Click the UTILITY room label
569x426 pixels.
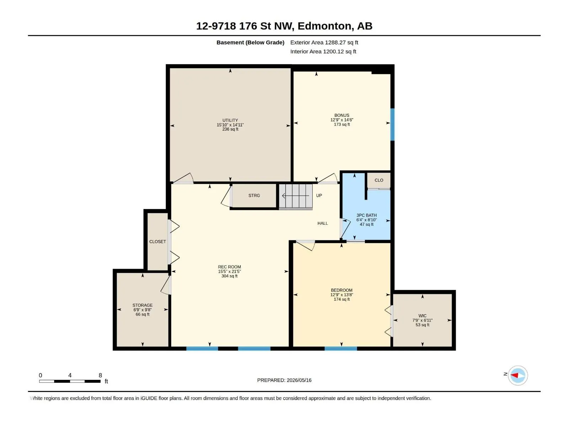tap(230, 120)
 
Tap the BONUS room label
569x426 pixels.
tap(342, 115)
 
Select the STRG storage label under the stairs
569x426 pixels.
tap(254, 196)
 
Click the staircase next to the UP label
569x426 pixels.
tap(296, 196)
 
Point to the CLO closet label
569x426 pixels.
tap(379, 180)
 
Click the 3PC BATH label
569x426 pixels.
tap(366, 215)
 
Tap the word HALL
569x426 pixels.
tap(323, 223)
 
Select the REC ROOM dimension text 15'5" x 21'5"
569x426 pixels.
tap(229, 271)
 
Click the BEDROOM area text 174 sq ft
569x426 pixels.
tap(342, 299)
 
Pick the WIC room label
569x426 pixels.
tap(422, 316)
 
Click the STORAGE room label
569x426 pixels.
tap(142, 305)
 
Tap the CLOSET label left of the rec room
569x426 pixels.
tap(157, 242)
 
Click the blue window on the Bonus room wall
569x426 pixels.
tap(393, 124)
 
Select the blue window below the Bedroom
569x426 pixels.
tap(341, 348)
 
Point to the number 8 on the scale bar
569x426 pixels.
tap(100, 375)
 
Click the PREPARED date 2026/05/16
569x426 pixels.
tap(299, 380)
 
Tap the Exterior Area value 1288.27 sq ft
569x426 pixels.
tap(341, 42)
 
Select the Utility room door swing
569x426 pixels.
tap(184, 179)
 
